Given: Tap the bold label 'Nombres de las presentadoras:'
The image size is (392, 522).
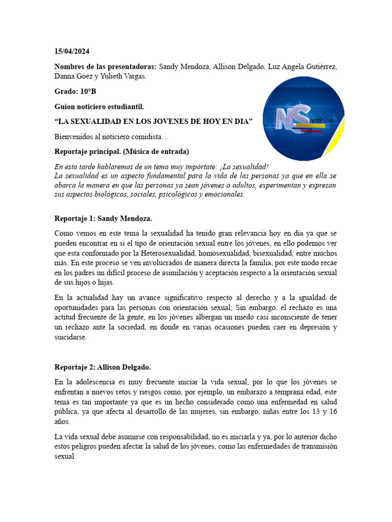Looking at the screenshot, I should point(106,67).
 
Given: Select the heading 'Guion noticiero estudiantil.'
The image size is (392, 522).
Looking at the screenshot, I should point(99,107).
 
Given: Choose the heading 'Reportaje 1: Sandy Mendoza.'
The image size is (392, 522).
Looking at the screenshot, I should point(103,219).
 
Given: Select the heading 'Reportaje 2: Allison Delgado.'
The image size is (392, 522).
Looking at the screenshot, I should point(103,367).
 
